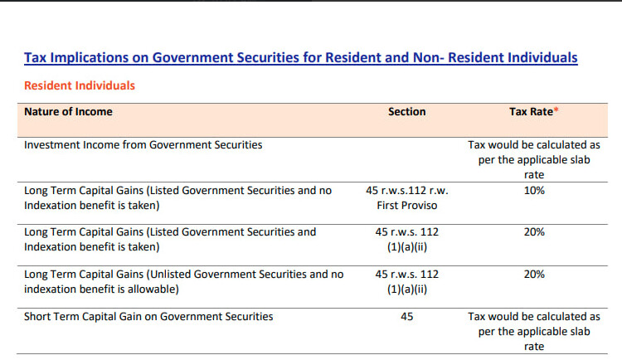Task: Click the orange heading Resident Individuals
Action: tap(80, 85)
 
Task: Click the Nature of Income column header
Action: tap(68, 111)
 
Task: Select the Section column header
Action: tap(406, 111)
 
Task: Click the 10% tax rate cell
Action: tap(534, 190)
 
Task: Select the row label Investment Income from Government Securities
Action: tap(143, 144)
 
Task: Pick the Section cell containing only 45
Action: tap(406, 316)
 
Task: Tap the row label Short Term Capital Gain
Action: tap(148, 316)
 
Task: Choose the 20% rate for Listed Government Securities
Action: tap(534, 232)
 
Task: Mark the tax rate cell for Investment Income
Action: tap(534, 159)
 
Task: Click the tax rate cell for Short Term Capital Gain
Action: tap(534, 331)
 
